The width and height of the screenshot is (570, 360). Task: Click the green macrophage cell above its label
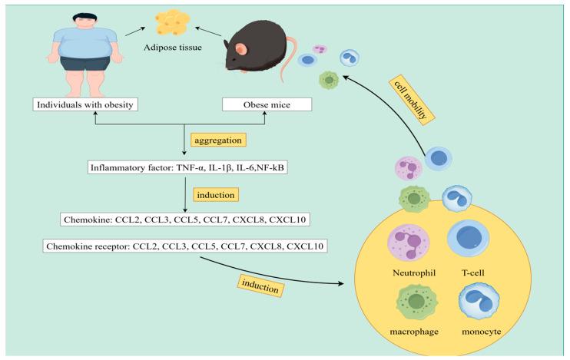(416, 302)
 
